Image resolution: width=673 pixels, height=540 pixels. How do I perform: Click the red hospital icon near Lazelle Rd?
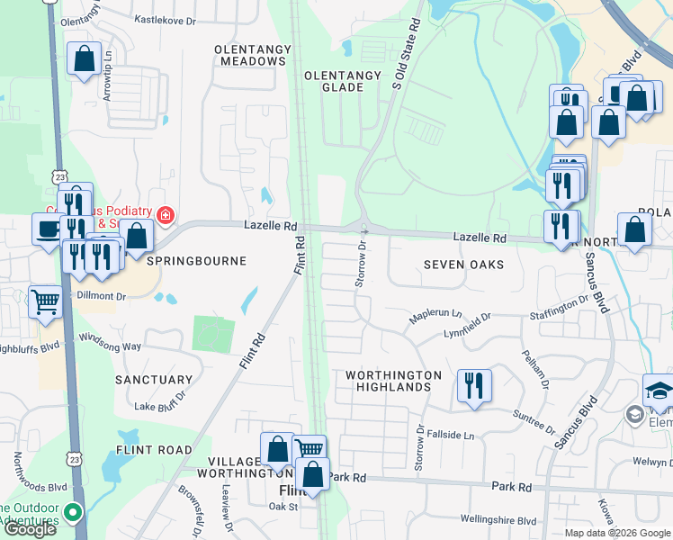click(165, 215)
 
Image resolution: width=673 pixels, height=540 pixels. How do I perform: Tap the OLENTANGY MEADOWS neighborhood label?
click(250, 54)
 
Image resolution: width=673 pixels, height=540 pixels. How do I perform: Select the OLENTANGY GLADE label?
click(334, 81)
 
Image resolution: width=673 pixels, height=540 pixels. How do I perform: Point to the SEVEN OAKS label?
click(463, 265)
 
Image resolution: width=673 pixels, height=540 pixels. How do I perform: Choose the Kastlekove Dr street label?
click(170, 18)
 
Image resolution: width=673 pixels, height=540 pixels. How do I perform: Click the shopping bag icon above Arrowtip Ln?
click(84, 59)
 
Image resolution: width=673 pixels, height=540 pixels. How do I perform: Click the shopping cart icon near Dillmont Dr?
click(45, 301)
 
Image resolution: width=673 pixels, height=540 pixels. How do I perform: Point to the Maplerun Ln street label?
click(435, 317)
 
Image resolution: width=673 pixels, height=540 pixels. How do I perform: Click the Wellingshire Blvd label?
click(498, 520)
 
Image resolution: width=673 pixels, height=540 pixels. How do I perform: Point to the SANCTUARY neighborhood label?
click(153, 381)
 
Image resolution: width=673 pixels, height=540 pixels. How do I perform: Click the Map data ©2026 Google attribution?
click(617, 533)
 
